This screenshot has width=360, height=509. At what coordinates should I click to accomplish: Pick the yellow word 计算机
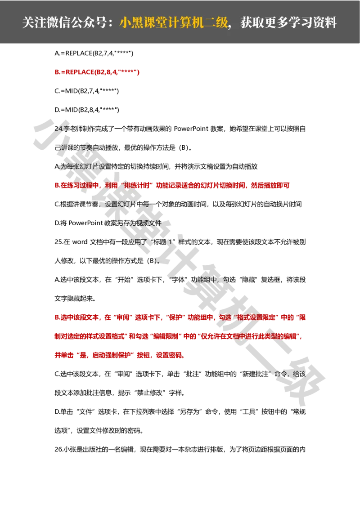184,23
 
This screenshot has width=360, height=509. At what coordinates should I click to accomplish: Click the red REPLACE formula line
97,72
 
